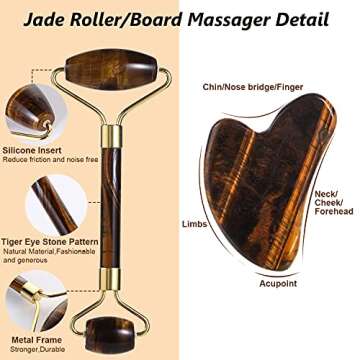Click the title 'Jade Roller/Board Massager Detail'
coord(179,17)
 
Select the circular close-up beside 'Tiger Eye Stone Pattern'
coord(40,200)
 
